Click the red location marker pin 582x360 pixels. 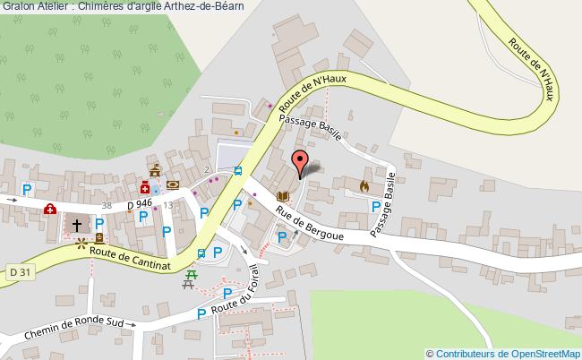click(300, 163)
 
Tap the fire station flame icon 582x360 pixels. click(364, 185)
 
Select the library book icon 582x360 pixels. click(283, 196)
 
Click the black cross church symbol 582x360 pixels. click(78, 226)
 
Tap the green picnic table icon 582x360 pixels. click(189, 284)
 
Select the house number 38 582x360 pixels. click(107, 206)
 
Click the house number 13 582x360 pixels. click(167, 205)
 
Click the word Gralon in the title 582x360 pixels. click(19, 7)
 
